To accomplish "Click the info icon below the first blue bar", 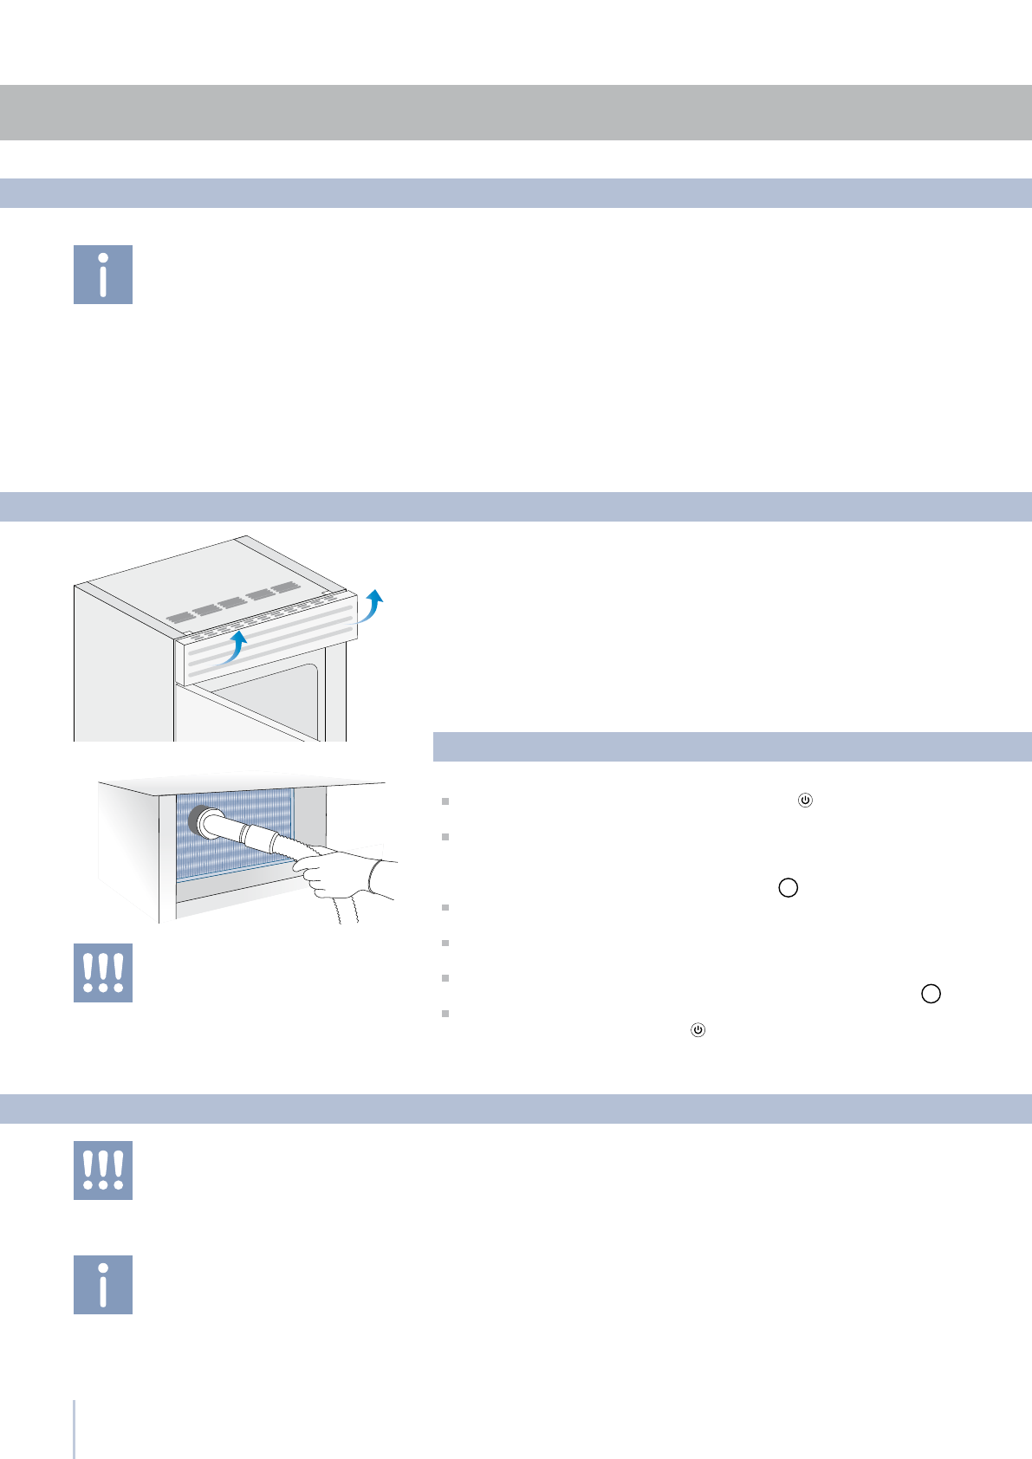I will coord(103,275).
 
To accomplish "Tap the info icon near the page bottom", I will coord(103,1284).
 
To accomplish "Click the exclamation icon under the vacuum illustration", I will coord(103,973).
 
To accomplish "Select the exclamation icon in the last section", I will coord(103,1170).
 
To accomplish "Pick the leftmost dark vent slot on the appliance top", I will coord(182,619).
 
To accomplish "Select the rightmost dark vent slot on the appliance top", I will coord(285,588).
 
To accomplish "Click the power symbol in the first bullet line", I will coord(805,801).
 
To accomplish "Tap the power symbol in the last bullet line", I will coord(698,1030).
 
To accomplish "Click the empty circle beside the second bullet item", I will coord(788,888).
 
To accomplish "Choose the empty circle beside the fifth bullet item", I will coord(931,994).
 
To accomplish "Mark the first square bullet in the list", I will coord(445,801).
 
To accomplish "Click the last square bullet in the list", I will coord(445,1013).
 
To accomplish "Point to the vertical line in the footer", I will coord(75,1429).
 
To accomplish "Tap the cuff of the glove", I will coord(380,877).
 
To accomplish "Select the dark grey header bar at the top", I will coord(516,113).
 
